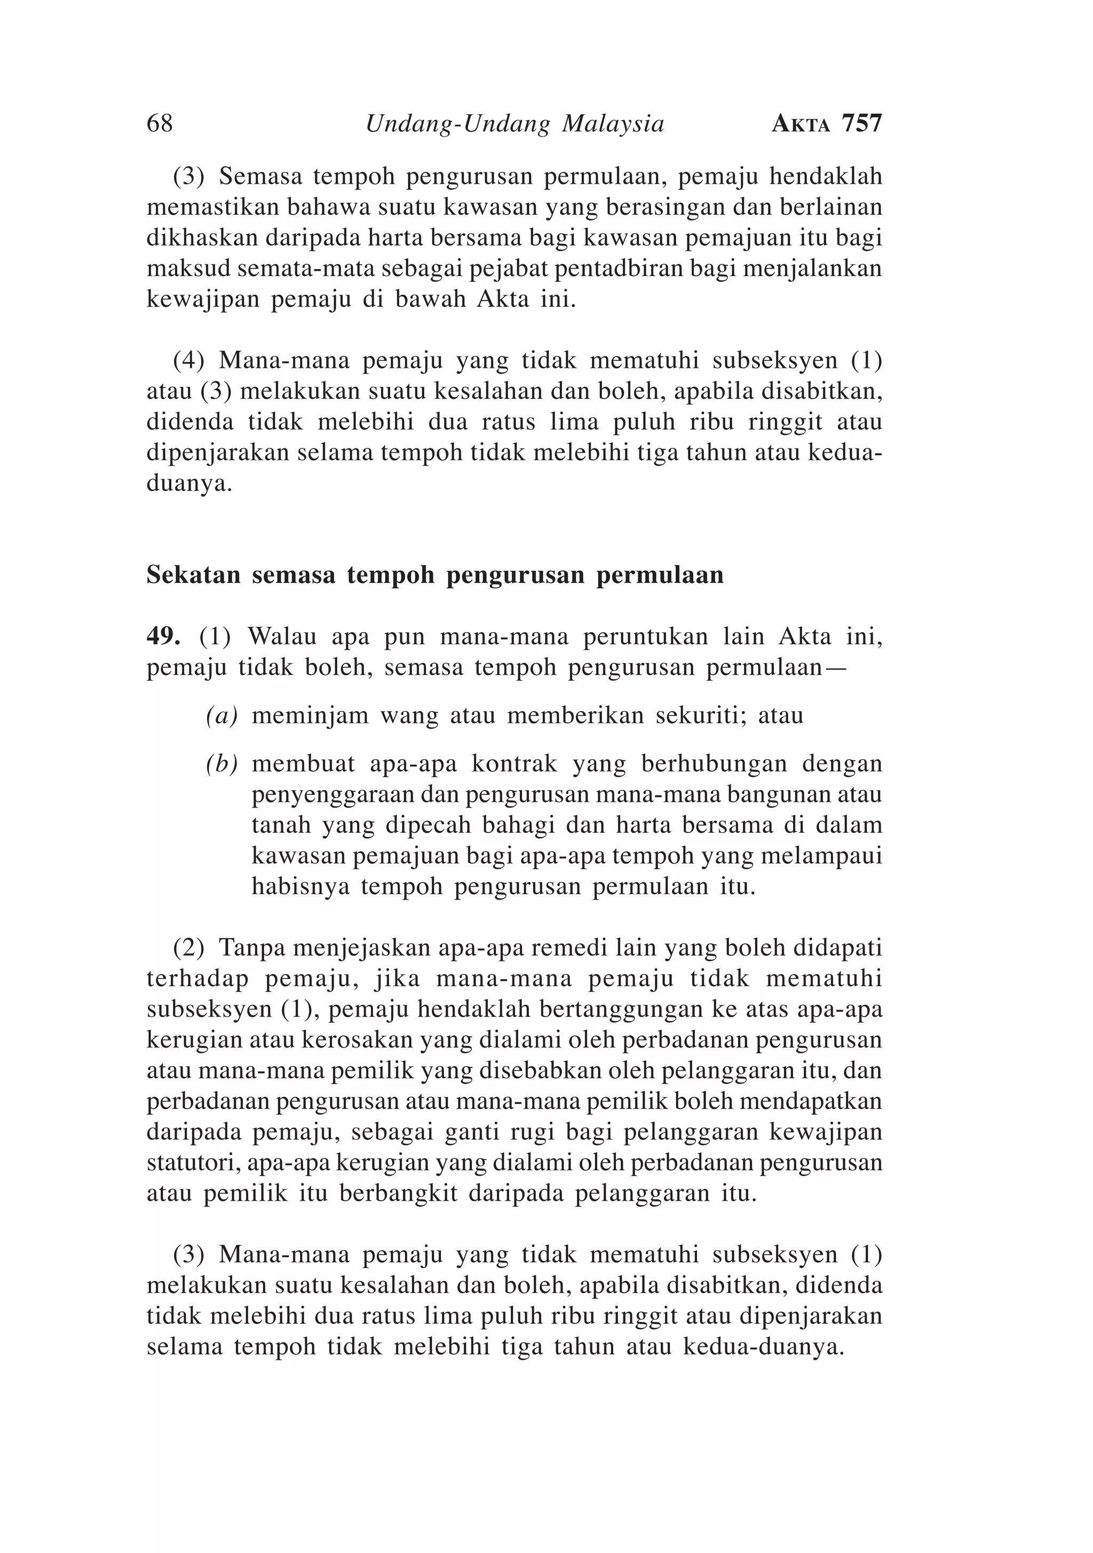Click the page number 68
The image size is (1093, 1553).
160,124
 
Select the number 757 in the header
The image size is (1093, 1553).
862,124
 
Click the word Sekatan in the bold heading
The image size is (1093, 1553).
193,575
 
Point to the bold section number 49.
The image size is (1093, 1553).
162,636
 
